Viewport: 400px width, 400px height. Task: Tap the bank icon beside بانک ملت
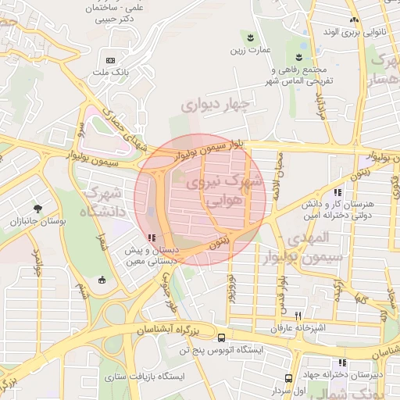click(x=110, y=60)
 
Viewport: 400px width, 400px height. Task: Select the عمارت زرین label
click(x=249, y=51)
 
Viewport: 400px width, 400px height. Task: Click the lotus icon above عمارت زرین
click(x=249, y=37)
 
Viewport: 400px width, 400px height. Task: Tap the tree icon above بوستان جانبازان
click(x=38, y=209)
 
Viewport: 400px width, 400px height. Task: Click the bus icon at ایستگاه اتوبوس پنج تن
click(x=223, y=338)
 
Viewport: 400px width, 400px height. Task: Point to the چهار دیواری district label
click(x=214, y=103)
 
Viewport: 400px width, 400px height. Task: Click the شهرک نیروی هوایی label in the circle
click(x=214, y=191)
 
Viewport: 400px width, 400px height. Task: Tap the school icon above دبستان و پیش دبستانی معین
click(x=150, y=238)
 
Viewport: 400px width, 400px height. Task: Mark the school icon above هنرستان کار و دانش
click(x=337, y=192)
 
